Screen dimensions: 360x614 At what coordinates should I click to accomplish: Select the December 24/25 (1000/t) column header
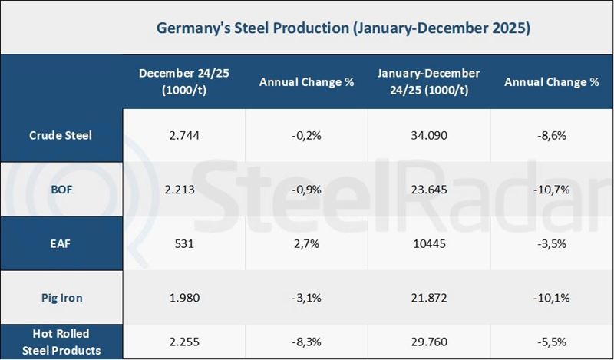coord(184,81)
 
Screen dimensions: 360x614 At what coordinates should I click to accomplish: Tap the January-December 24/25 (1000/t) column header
coord(429,81)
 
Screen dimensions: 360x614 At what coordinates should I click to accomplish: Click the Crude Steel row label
coord(61,135)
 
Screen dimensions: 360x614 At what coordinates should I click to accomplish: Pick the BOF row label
coord(61,189)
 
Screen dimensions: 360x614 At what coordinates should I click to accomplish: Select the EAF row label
coord(61,243)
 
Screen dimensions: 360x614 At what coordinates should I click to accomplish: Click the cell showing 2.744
coord(184,135)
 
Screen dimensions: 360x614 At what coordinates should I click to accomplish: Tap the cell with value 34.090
coord(429,135)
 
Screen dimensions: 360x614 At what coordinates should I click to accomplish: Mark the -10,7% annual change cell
coord(552,189)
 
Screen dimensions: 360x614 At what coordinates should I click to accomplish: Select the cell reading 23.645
coord(429,189)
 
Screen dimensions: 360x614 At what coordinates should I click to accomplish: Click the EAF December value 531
coord(184,243)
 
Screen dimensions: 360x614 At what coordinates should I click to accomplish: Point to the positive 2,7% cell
coord(306,243)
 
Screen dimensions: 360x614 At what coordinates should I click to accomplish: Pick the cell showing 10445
coord(429,243)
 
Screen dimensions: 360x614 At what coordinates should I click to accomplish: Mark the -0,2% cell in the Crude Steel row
coord(306,135)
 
